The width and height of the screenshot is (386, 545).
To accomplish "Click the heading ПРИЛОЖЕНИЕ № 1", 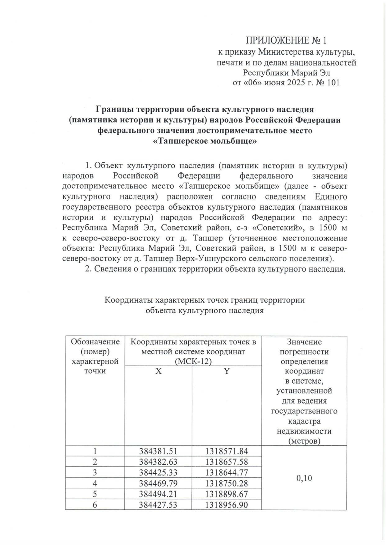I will pyautogui.click(x=286, y=41).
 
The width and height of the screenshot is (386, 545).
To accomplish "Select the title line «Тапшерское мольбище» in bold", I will pyautogui.click(x=205, y=141).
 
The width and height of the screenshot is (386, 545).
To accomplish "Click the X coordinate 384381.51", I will pyautogui.click(x=158, y=451).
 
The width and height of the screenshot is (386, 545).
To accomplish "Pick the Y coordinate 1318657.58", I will pyautogui.click(x=226, y=462).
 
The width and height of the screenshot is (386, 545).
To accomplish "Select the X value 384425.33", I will pyautogui.click(x=158, y=473).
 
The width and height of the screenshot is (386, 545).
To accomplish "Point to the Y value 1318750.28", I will pyautogui.click(x=226, y=484).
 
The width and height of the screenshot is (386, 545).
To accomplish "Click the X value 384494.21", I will pyautogui.click(x=158, y=494).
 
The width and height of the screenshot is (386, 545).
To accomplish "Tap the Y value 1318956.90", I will pyautogui.click(x=226, y=505).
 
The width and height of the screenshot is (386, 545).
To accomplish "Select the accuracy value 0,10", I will pyautogui.click(x=304, y=478).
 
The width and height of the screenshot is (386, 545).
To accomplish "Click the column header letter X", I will pyautogui.click(x=158, y=371).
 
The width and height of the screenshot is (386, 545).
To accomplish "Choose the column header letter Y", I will pyautogui.click(x=227, y=371).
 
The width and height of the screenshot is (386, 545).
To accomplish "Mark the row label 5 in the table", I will pyautogui.click(x=95, y=494).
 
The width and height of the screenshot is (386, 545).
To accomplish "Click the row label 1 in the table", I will pyautogui.click(x=95, y=451).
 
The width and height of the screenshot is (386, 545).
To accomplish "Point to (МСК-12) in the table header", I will pyautogui.click(x=193, y=361).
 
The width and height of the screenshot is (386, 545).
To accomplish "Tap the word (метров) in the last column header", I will pyautogui.click(x=304, y=441).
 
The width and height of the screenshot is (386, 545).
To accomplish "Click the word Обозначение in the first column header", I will pyautogui.click(x=95, y=342).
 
